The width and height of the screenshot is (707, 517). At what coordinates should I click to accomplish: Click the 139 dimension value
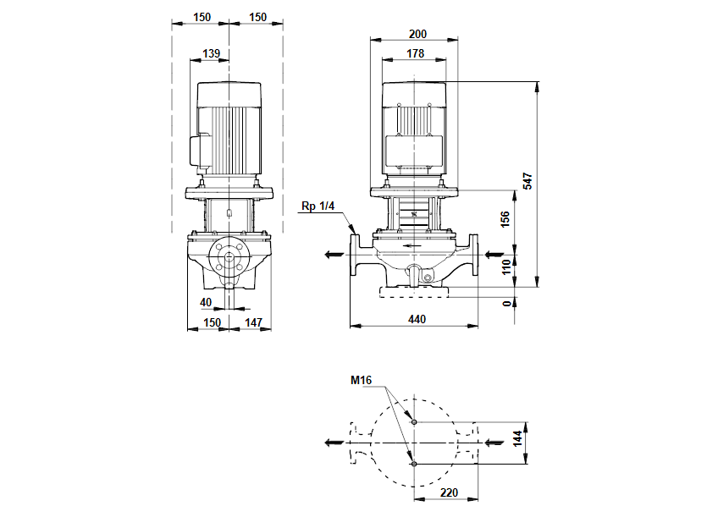point(212,53)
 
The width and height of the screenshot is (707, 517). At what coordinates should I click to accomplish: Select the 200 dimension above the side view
point(417,34)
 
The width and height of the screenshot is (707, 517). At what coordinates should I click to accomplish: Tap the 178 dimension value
point(415,53)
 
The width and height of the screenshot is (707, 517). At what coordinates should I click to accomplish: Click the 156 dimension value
point(506,219)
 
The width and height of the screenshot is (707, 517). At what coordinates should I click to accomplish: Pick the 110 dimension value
point(506,267)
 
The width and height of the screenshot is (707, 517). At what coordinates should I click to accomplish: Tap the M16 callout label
point(362,380)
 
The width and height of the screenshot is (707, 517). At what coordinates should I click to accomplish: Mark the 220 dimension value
point(447,491)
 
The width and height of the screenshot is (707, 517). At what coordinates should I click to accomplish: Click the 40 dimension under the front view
point(206,301)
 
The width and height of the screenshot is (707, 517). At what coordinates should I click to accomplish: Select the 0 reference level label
point(506,303)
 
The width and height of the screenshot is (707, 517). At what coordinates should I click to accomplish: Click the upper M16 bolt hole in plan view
point(413,421)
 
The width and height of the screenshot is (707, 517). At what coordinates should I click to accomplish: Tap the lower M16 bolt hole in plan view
point(413,464)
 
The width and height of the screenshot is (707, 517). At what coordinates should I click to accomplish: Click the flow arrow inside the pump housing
point(414,246)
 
